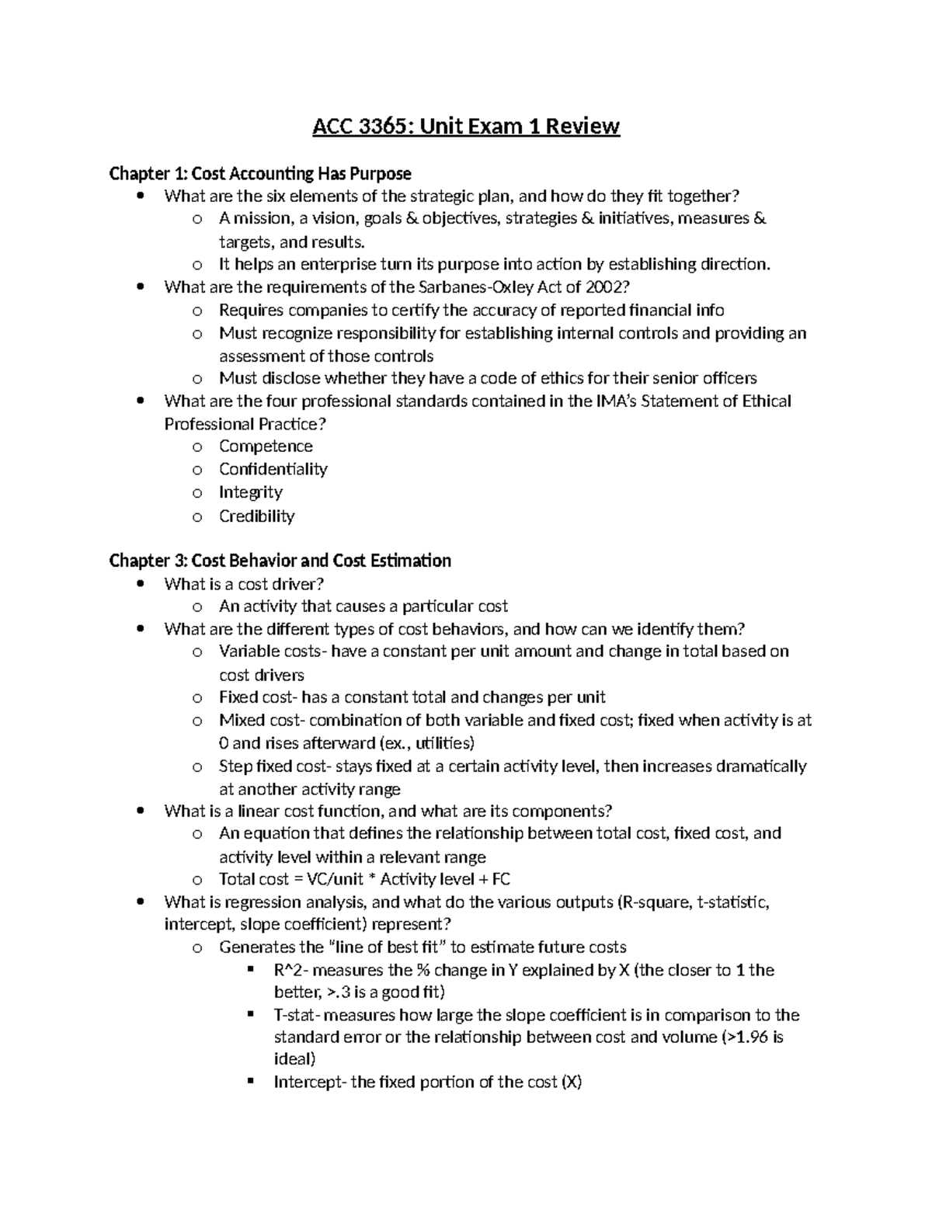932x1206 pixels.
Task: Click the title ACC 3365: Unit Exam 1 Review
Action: tap(466, 126)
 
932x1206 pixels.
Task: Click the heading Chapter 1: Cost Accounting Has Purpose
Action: tap(260, 173)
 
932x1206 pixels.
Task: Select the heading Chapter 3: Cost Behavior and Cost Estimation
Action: tap(280, 561)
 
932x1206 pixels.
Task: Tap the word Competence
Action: tap(266, 447)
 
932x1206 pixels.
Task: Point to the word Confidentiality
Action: tap(273, 469)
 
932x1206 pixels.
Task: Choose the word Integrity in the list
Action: tap(250, 492)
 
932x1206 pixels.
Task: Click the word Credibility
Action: tap(256, 516)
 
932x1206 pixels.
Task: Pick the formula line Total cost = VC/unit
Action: tap(364, 879)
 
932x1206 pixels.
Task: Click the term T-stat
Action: tap(296, 1015)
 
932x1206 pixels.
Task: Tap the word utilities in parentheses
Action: tap(441, 743)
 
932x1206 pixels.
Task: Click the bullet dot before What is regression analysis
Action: tap(140, 902)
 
